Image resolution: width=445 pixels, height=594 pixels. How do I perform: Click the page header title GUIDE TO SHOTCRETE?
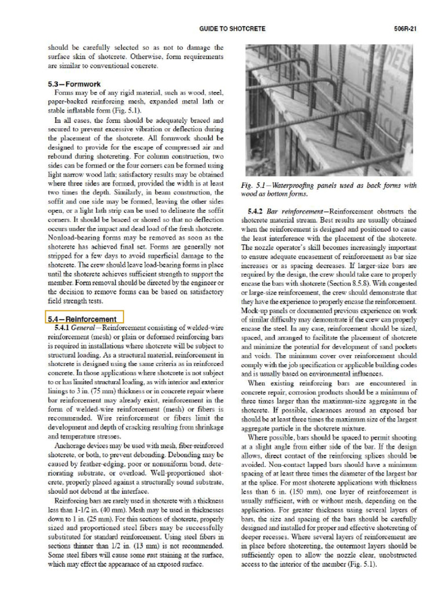(234, 28)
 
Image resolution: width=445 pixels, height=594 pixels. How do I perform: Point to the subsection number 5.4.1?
(61, 328)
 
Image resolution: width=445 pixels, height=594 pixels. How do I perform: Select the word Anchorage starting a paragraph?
(70, 446)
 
